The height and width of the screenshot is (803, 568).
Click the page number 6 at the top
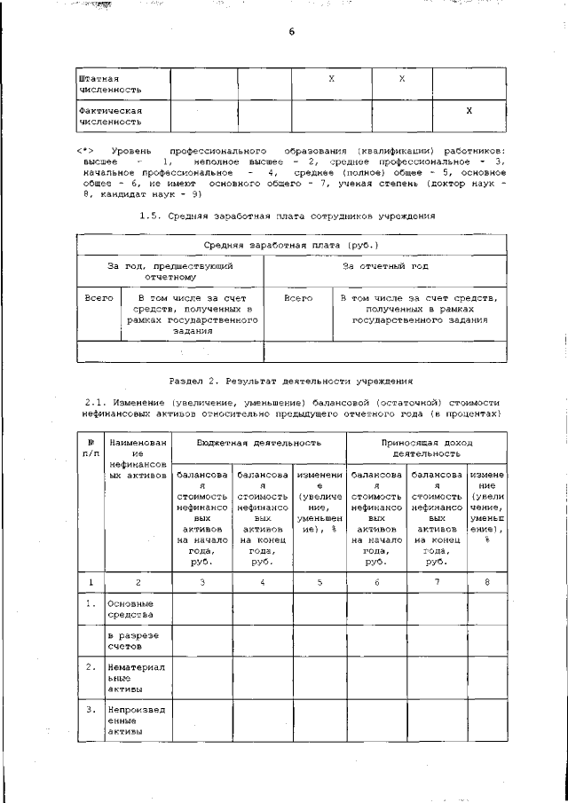(290, 33)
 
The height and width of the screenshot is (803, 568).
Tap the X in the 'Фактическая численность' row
(469, 110)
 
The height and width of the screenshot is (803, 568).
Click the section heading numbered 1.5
(289, 216)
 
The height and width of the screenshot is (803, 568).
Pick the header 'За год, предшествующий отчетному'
(170, 271)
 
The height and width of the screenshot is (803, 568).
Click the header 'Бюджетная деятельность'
(259, 442)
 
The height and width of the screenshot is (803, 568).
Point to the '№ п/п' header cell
(91, 447)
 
